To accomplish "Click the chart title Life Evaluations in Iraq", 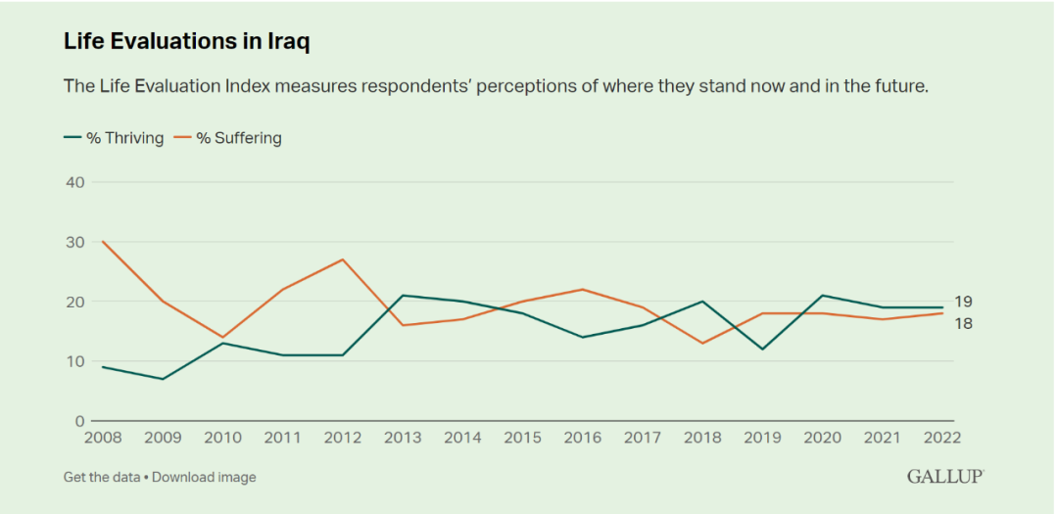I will point(187,41).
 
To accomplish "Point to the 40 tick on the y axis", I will point(75,182).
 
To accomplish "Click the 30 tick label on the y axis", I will point(75,242).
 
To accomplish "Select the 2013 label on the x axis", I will point(404,439).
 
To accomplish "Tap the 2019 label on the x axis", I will point(761,439).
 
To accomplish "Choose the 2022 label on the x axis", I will point(940,439).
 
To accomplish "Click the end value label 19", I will point(963,302).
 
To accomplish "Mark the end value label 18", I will point(963,323).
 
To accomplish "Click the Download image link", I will point(204,477).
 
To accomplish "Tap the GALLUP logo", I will point(944,477).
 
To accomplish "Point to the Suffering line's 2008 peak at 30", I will point(103,242).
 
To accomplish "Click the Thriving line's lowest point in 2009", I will point(163,379).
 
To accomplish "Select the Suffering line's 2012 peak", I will point(342,259).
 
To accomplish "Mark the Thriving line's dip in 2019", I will point(761,350).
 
